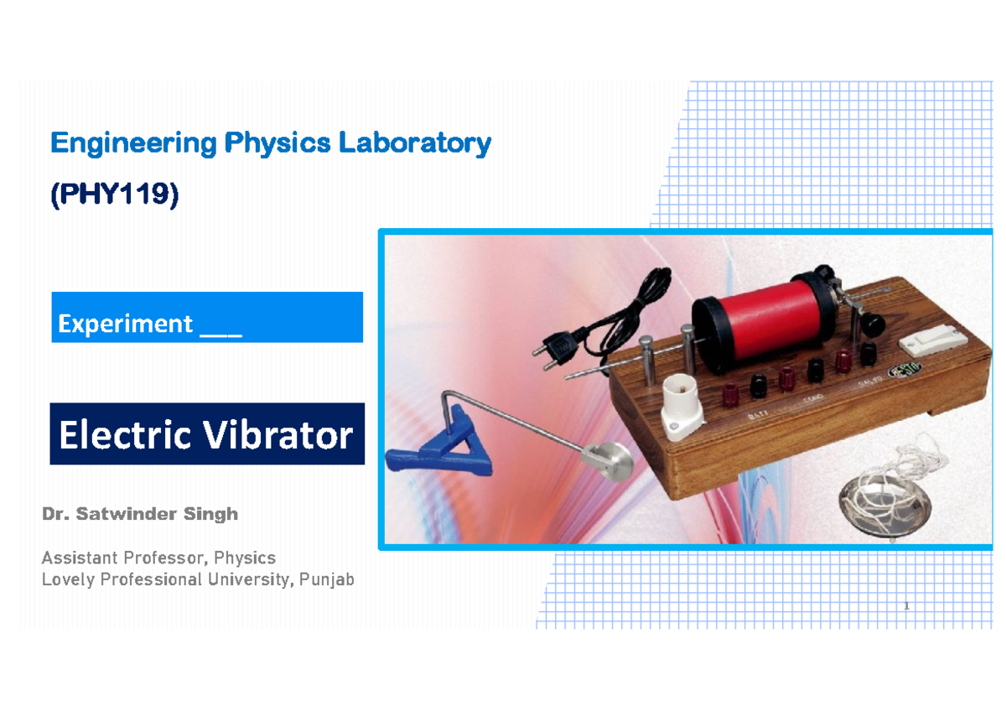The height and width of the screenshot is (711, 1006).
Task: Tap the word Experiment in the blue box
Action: (x=125, y=324)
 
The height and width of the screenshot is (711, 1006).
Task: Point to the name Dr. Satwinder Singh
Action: (x=140, y=515)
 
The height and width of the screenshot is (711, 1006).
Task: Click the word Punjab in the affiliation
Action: (x=326, y=579)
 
